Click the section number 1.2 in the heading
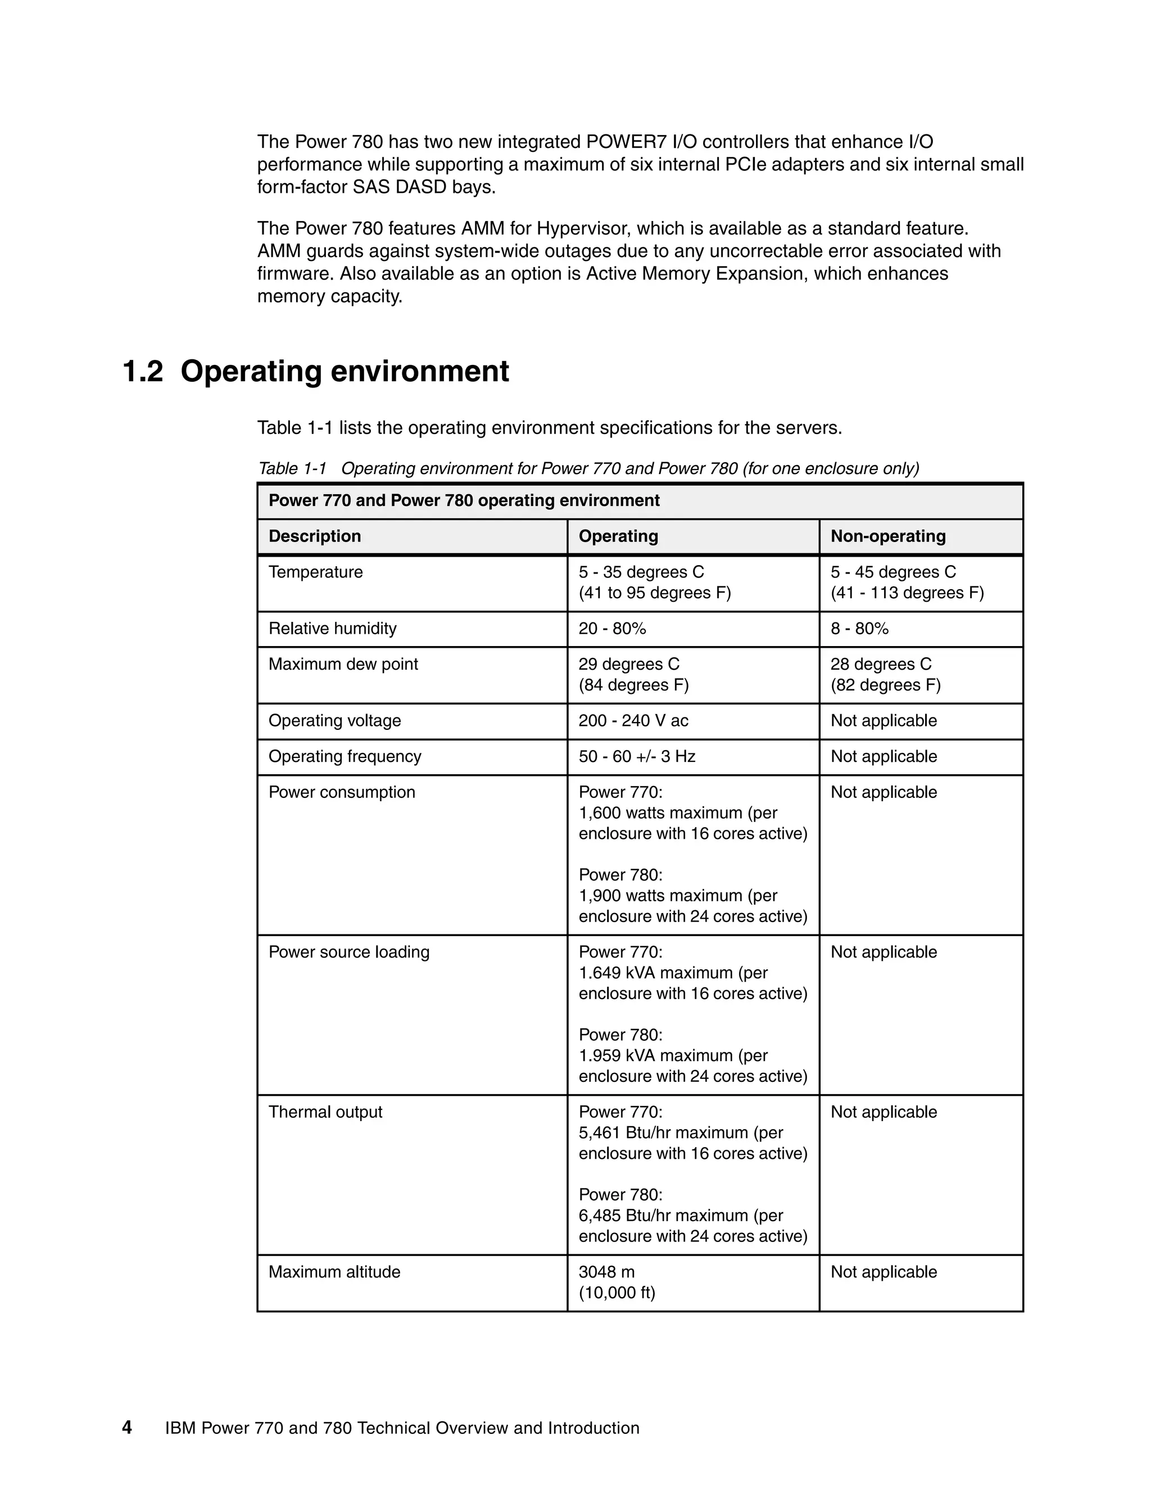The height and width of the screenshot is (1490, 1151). tap(143, 372)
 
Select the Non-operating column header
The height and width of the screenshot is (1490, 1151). tap(888, 536)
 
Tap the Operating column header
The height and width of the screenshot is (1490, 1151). tap(618, 536)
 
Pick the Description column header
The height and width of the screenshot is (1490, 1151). tap(314, 536)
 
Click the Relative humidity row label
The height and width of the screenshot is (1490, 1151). tap(332, 629)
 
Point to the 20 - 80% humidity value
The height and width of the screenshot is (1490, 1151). tap(611, 629)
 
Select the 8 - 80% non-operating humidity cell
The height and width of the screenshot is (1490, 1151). tap(859, 629)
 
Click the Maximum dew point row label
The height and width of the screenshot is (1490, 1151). tap(343, 665)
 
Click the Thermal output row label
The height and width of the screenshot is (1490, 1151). tap(325, 1112)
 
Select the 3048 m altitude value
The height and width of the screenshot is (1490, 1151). tap(606, 1272)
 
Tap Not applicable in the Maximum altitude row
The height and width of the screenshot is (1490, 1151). tap(883, 1272)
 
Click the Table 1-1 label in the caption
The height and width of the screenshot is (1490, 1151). tap(292, 469)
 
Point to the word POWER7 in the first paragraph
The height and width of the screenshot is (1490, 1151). tap(626, 142)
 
